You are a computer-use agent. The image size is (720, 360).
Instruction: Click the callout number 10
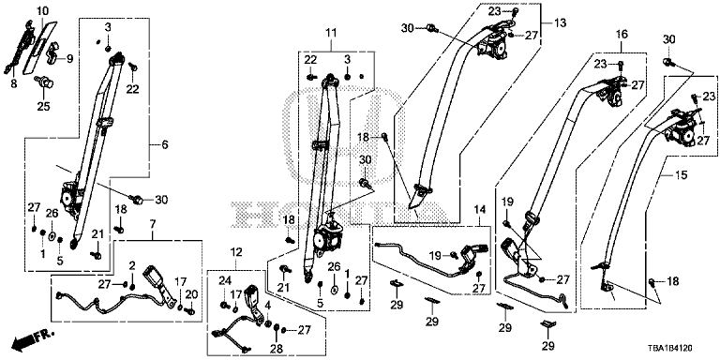tap(42, 10)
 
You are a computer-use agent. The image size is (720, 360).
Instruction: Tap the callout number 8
tap(14, 84)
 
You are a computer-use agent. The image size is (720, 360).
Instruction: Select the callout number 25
tap(44, 107)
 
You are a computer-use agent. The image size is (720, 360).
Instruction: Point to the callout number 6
tap(165, 145)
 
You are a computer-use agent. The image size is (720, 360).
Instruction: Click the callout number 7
tap(153, 224)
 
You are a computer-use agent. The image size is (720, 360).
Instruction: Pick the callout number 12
tap(235, 252)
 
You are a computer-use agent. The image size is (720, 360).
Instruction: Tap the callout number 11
tap(331, 33)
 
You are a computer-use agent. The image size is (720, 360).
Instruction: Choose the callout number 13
tap(562, 22)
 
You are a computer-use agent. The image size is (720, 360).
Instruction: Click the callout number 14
tap(479, 210)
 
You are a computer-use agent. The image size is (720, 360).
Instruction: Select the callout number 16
tap(622, 34)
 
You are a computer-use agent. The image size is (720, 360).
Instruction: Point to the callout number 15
tap(682, 175)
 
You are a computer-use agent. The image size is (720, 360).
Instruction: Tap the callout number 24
tap(224, 292)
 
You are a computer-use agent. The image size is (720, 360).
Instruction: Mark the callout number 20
tap(191, 294)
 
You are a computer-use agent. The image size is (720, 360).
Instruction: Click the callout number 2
tap(132, 265)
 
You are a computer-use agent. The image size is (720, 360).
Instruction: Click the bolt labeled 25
tap(44, 82)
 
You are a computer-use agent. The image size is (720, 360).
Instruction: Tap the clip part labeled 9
tap(53, 52)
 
